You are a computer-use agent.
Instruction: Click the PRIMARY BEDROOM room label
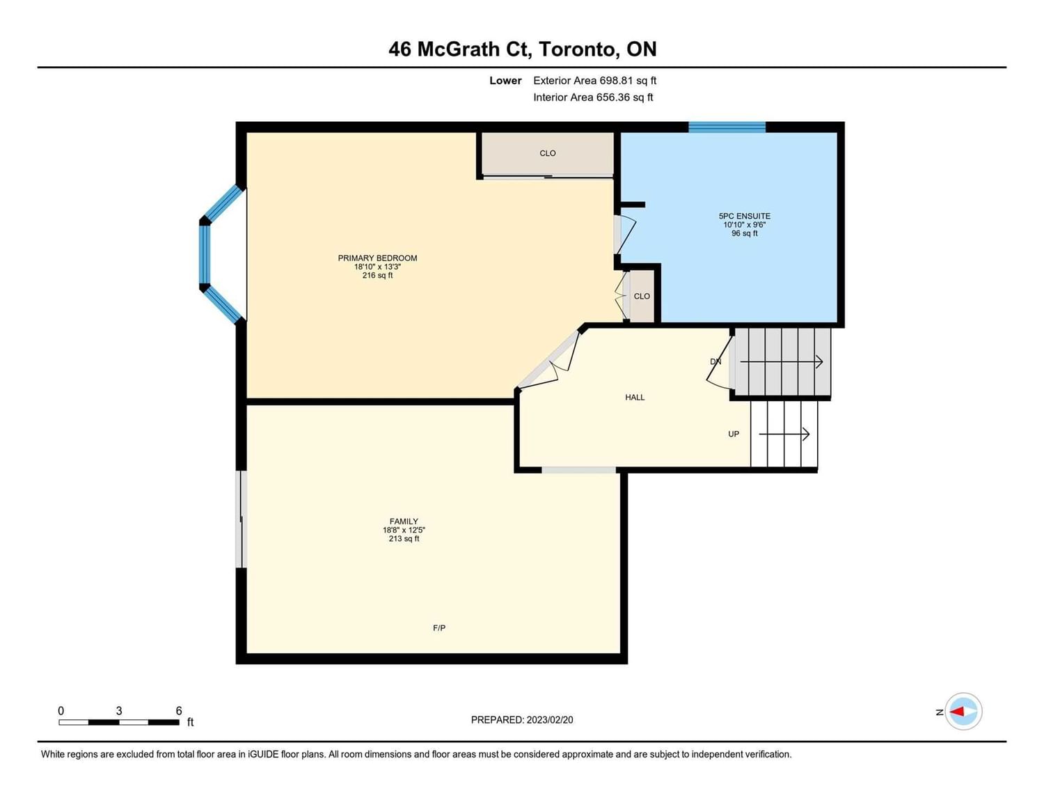click(377, 258)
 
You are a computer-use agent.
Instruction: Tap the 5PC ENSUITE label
click(744, 217)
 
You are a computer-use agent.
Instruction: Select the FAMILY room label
click(404, 522)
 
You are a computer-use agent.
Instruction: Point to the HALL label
click(635, 398)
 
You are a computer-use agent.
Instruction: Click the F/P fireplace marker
click(439, 628)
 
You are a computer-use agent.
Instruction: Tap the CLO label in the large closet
click(548, 153)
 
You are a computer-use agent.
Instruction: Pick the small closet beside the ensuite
click(642, 296)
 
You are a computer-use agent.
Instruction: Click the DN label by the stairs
click(715, 361)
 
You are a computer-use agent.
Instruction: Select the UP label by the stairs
click(733, 434)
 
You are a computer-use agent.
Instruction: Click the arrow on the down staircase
click(781, 362)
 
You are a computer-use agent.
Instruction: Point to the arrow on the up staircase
click(784, 434)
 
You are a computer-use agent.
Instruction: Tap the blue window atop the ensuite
click(727, 127)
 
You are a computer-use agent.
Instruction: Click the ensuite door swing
click(626, 235)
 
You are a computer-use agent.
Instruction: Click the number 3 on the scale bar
click(119, 711)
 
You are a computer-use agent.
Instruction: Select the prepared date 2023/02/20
click(550, 720)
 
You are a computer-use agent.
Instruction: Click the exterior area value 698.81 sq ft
click(628, 81)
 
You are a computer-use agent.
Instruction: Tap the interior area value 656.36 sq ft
click(624, 97)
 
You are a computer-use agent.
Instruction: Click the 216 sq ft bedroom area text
click(378, 276)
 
